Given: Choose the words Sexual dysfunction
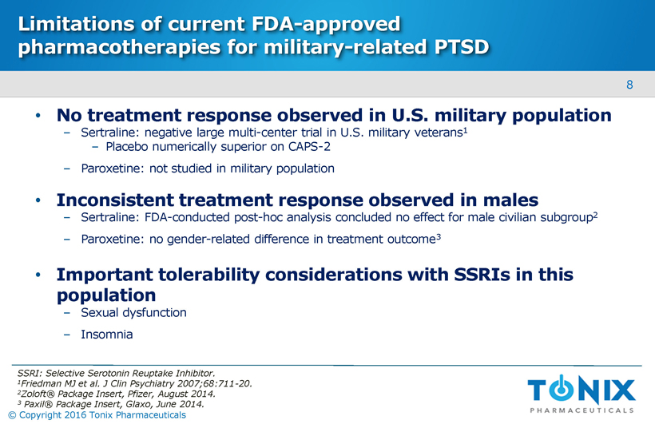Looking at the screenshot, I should tap(133, 312).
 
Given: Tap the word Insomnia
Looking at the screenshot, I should tap(107, 334).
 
